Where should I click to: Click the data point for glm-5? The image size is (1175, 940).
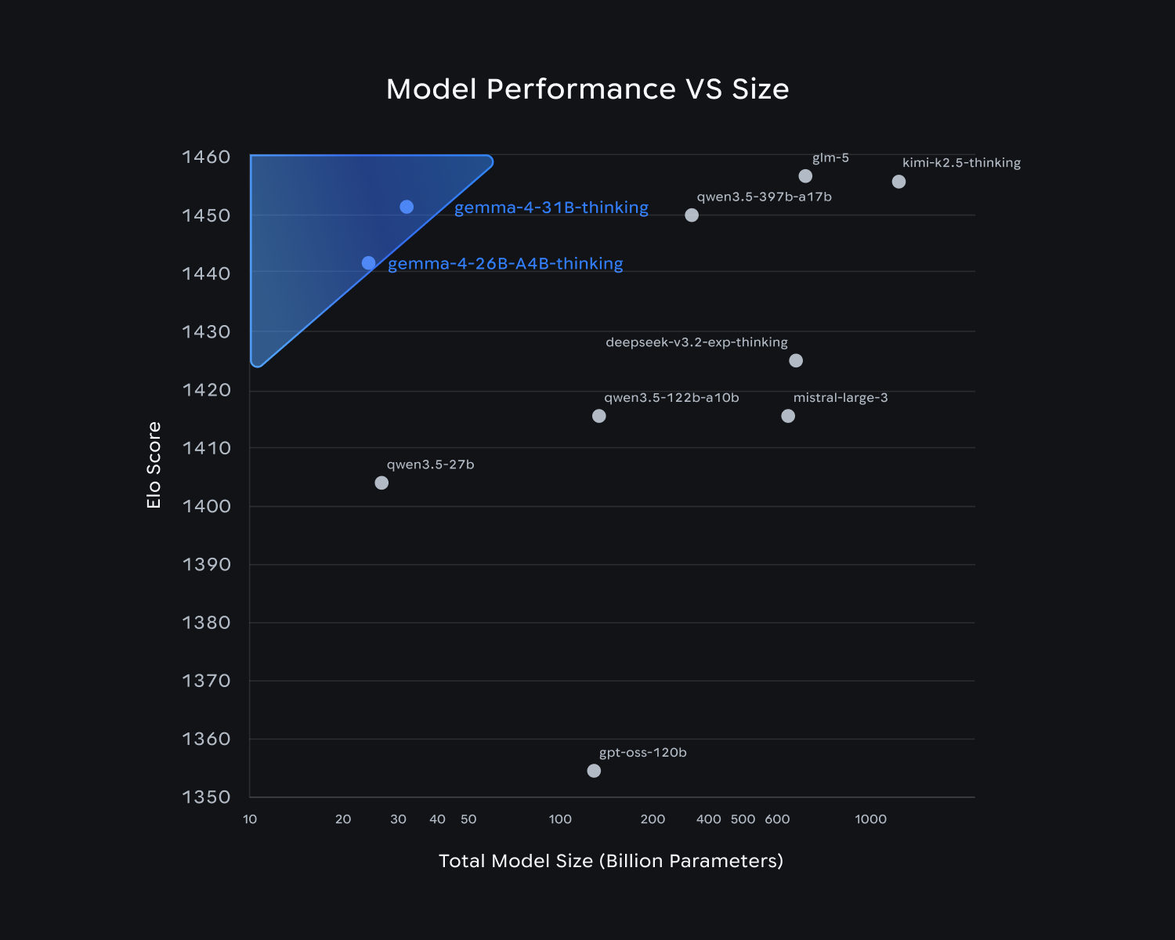(x=805, y=176)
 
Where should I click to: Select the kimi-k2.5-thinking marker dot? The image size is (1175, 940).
(x=898, y=182)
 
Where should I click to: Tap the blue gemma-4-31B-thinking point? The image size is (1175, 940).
(x=407, y=207)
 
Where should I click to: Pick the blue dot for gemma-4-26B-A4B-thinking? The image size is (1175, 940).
(x=368, y=263)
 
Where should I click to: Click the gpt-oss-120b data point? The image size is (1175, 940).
(x=594, y=771)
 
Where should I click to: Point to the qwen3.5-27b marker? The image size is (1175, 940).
(x=381, y=483)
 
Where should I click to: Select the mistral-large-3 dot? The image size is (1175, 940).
(x=788, y=416)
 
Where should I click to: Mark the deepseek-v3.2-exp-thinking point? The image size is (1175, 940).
(x=796, y=360)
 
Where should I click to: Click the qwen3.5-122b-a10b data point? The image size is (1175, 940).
(x=599, y=416)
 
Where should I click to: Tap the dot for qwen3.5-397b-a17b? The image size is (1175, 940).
(x=692, y=215)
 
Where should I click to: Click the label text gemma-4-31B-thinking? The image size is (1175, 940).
(x=551, y=208)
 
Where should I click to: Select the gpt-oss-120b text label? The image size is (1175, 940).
(x=642, y=753)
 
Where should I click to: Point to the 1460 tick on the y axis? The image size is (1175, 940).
(x=206, y=157)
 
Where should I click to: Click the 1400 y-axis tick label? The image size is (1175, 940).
(x=206, y=506)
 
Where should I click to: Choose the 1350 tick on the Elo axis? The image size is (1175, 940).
(x=206, y=797)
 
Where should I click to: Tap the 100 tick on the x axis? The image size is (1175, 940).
(x=560, y=819)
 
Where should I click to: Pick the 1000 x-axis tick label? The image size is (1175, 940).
(x=870, y=819)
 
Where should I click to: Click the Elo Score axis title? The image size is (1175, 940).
(x=154, y=465)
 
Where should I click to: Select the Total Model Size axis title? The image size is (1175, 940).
(x=611, y=861)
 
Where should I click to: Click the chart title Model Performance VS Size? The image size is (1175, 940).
(x=587, y=89)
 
